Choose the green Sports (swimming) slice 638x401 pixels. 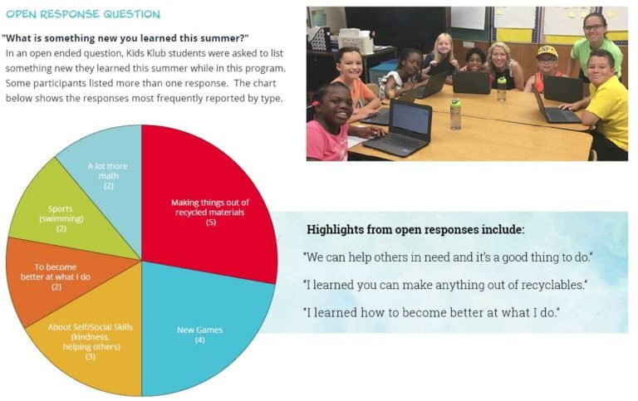(x=65, y=216)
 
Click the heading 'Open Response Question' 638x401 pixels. (x=83, y=14)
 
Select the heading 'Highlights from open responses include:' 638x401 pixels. (x=415, y=229)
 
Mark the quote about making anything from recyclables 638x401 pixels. (x=445, y=285)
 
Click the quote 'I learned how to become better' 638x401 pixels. (x=431, y=312)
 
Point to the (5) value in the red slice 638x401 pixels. (x=211, y=223)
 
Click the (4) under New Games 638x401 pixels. (x=199, y=340)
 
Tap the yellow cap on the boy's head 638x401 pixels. (x=547, y=51)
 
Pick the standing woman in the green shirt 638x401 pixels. (x=596, y=45)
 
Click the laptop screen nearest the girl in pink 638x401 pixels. (x=410, y=118)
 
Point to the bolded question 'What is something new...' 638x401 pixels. (x=125, y=38)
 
